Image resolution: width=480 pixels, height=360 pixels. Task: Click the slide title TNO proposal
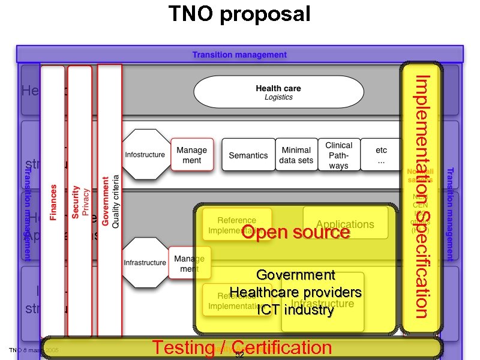(239, 13)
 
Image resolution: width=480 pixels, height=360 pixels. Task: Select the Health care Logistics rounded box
(278, 92)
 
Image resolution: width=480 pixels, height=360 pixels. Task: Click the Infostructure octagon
(145, 155)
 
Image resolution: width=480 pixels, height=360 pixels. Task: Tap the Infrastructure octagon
(145, 263)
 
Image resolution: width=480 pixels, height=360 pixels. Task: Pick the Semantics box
(248, 155)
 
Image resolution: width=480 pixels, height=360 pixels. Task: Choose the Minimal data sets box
(296, 155)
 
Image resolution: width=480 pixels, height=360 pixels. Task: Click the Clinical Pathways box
(338, 155)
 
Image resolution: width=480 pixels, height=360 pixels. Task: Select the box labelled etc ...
(381, 155)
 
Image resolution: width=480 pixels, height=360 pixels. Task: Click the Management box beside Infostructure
(192, 155)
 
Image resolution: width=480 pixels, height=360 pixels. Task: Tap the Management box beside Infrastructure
(189, 263)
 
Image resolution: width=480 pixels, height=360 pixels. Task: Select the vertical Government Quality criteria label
(110, 201)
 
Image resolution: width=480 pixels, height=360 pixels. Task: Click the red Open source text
(295, 232)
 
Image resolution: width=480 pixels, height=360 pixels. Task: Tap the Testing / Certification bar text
(241, 347)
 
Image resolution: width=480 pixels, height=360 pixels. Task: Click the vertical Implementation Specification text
(422, 196)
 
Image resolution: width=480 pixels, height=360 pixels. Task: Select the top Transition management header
(239, 55)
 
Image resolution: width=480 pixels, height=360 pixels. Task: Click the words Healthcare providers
(295, 292)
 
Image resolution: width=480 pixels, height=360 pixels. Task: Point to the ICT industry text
(295, 310)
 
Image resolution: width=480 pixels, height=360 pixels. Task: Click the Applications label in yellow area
(345, 224)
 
